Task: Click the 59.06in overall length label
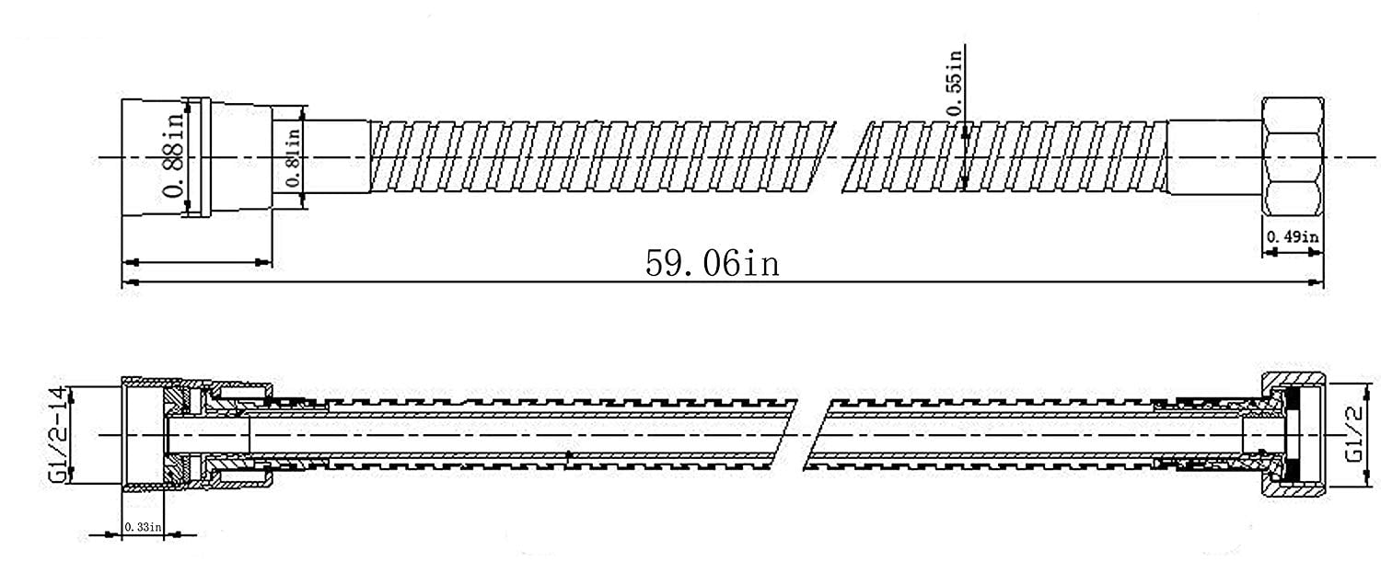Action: coord(712,263)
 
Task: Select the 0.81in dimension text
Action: coord(294,157)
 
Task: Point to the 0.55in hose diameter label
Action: coord(954,83)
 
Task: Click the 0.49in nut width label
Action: coord(1293,236)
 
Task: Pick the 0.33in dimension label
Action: coord(143,527)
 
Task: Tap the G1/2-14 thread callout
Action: coord(57,435)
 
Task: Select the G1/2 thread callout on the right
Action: coord(1354,434)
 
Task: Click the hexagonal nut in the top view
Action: coord(1293,156)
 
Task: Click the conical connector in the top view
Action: coord(197,157)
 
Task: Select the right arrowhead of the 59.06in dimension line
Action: coord(1316,282)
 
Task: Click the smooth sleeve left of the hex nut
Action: coord(1214,157)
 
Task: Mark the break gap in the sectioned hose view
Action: coord(813,435)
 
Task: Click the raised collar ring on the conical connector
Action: coord(199,157)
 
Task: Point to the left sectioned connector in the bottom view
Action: coord(197,434)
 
